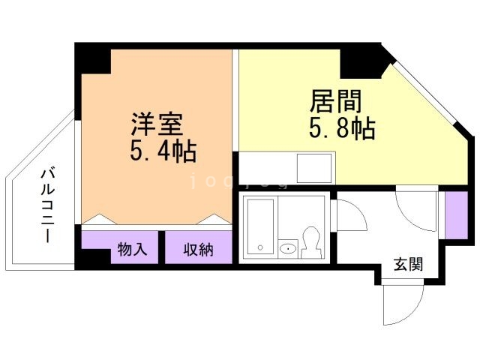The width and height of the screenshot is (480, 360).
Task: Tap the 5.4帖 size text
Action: point(163,151)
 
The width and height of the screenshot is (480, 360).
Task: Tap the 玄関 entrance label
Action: point(408,264)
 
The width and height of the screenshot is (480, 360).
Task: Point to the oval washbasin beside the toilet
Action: point(287,249)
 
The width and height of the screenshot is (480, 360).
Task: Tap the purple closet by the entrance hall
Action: point(454,211)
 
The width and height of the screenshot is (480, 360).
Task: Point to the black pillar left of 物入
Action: point(91,257)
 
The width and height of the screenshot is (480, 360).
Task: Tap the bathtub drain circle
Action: point(257,247)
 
